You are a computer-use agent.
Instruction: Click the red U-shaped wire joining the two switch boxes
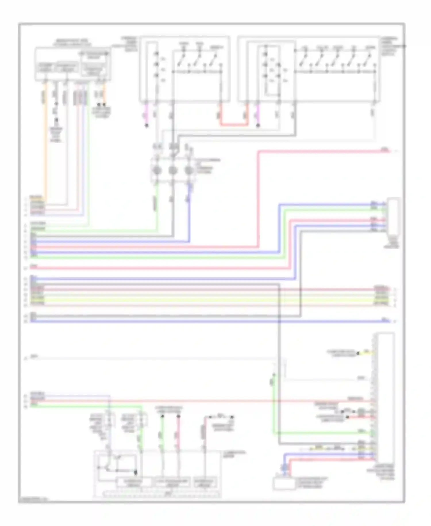tap(234, 125)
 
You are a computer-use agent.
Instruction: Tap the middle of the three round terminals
tap(173, 171)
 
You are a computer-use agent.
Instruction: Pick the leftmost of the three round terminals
tap(157, 171)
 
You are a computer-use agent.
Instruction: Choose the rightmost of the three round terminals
tap(189, 171)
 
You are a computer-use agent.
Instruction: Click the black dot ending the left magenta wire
tap(147, 125)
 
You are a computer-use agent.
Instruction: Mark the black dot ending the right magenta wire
tap(258, 125)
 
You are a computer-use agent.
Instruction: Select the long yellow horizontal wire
tap(201, 300)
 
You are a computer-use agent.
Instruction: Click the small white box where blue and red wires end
tap(284, 483)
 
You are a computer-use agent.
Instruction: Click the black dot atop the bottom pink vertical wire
tap(178, 416)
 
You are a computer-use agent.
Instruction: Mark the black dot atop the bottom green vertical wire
tap(162, 416)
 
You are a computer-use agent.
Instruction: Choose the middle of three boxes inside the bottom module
tap(172, 482)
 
